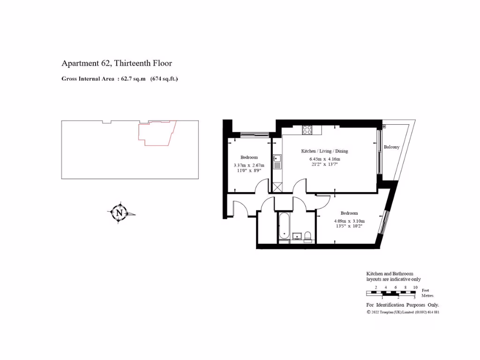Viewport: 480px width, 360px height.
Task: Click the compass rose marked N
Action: pyautogui.click(x=120, y=213)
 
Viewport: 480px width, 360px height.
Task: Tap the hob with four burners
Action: pyautogui.click(x=307, y=130)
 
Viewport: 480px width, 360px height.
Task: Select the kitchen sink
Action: pyautogui.click(x=277, y=162)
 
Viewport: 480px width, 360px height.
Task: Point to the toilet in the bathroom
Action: pyautogui.click(x=307, y=236)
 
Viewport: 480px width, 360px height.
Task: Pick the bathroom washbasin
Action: pyautogui.click(x=296, y=236)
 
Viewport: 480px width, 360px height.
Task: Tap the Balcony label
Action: pyautogui.click(x=391, y=147)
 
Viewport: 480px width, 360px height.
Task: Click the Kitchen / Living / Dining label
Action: pyautogui.click(x=324, y=151)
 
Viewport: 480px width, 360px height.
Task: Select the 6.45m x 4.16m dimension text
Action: pyautogui.click(x=324, y=158)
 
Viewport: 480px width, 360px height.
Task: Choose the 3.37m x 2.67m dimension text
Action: pyautogui.click(x=249, y=165)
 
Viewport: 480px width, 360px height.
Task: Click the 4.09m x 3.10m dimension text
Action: pyautogui.click(x=349, y=221)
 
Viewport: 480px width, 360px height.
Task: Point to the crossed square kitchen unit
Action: pyautogui.click(x=277, y=187)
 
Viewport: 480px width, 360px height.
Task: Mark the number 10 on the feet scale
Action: pyautogui.click(x=415, y=287)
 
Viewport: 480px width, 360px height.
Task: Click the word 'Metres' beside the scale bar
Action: pyautogui.click(x=427, y=296)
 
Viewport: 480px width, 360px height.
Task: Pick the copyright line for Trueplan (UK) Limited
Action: pyautogui.click(x=403, y=312)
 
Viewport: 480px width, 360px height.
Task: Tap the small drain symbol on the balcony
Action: pyautogui.click(x=384, y=127)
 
